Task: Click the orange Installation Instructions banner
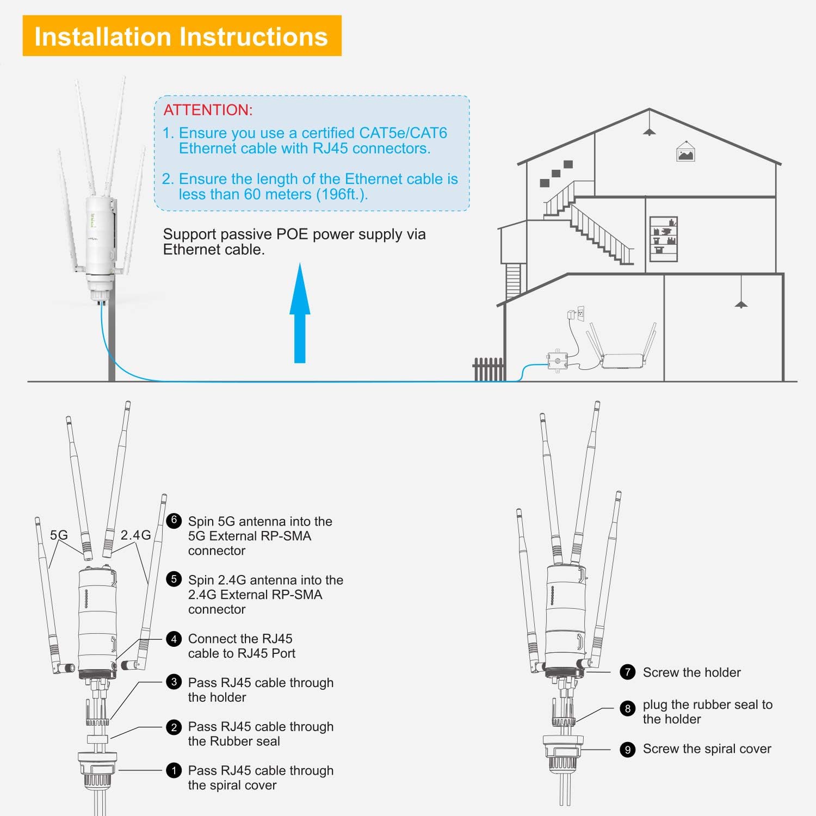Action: click(182, 36)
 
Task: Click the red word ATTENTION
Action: click(208, 110)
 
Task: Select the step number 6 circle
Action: click(174, 520)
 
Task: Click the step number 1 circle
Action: click(174, 770)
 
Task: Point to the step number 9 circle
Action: click(628, 750)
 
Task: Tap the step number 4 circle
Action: click(174, 639)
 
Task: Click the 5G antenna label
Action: click(59, 535)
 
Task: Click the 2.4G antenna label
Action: click(135, 535)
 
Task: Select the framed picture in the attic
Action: click(685, 153)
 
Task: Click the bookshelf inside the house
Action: click(664, 239)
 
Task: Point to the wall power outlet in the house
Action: click(580, 313)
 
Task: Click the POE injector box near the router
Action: click(557, 361)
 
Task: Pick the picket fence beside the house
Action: click(489, 369)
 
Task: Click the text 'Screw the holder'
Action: click(691, 672)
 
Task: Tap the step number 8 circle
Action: click(628, 708)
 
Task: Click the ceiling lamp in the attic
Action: click(649, 131)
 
